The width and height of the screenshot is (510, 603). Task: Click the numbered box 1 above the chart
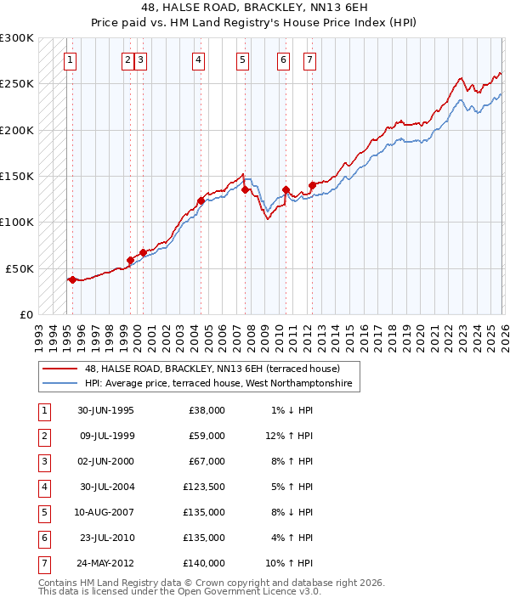click(70, 59)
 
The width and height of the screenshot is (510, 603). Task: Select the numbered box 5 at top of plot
click(242, 59)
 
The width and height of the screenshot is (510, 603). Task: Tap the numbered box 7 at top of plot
click(309, 59)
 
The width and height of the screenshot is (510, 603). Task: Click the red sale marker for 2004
click(201, 201)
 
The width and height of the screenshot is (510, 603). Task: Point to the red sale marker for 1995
click(72, 279)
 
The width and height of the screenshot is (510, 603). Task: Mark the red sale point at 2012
click(312, 185)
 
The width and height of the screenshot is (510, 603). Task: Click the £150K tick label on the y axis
click(17, 177)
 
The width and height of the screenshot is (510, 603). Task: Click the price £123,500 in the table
click(204, 487)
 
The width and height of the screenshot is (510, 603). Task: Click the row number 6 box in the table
click(44, 538)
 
